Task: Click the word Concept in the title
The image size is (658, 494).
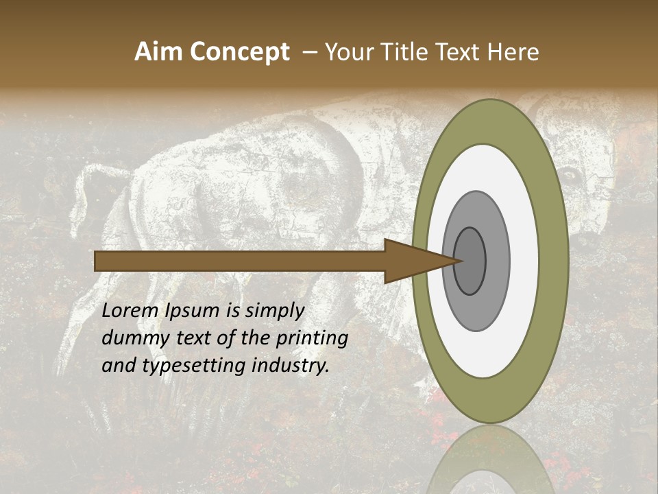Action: click(x=239, y=51)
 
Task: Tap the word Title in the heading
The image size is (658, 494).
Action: click(x=406, y=51)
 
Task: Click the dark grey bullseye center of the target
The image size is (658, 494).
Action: click(x=470, y=261)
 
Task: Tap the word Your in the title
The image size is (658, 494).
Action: click(x=347, y=51)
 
